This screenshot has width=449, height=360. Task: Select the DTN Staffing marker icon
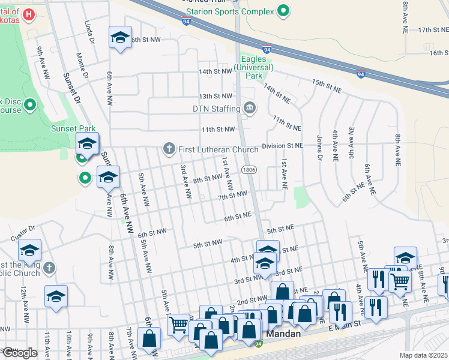(x=250, y=109)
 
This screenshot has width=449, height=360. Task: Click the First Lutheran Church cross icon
(x=169, y=148)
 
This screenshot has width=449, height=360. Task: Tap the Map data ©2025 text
(x=423, y=355)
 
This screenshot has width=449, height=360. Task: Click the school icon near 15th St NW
(x=120, y=38)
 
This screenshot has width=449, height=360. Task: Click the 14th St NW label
(x=215, y=71)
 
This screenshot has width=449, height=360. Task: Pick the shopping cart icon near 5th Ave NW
(x=178, y=325)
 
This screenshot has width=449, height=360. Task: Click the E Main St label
(x=345, y=325)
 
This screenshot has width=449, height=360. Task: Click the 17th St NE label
(x=434, y=29)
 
